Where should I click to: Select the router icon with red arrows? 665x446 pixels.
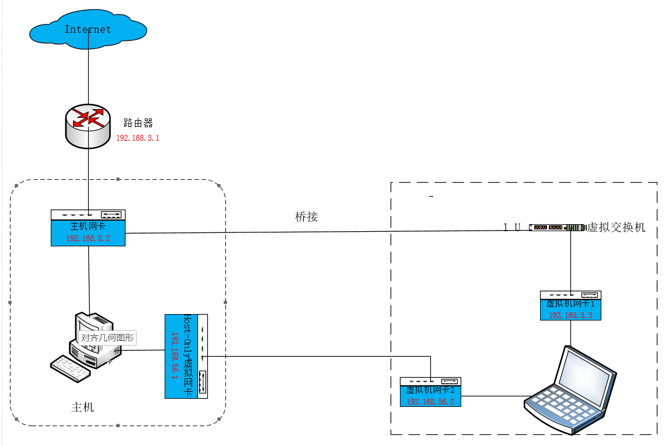pyautogui.click(x=88, y=126)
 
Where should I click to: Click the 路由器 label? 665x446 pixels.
pyautogui.click(x=138, y=123)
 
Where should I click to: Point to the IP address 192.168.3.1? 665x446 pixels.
pyautogui.click(x=138, y=138)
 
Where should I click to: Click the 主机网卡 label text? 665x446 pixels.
pyautogui.click(x=88, y=227)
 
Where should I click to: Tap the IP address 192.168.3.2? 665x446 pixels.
pyautogui.click(x=88, y=238)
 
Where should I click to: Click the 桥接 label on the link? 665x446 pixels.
pyautogui.click(x=306, y=217)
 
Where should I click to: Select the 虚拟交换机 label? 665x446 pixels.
pyautogui.click(x=616, y=227)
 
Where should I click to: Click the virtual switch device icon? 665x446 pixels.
pyautogui.click(x=557, y=228)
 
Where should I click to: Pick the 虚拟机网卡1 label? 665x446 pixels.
pyautogui.click(x=570, y=304)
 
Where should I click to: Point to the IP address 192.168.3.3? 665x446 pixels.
pyautogui.click(x=570, y=315)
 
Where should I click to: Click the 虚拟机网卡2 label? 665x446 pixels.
pyautogui.click(x=430, y=390)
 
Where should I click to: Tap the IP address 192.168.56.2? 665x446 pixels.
pyautogui.click(x=430, y=402)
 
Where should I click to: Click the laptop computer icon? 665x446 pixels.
pyautogui.click(x=570, y=390)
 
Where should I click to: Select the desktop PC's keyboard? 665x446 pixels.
pyautogui.click(x=71, y=368)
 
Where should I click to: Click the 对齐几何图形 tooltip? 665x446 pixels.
pyautogui.click(x=107, y=338)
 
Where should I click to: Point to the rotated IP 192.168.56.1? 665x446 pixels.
pyautogui.click(x=175, y=356)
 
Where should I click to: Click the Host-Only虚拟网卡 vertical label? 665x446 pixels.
pyautogui.click(x=187, y=356)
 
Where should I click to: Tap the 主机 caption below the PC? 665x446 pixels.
pyautogui.click(x=82, y=407)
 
